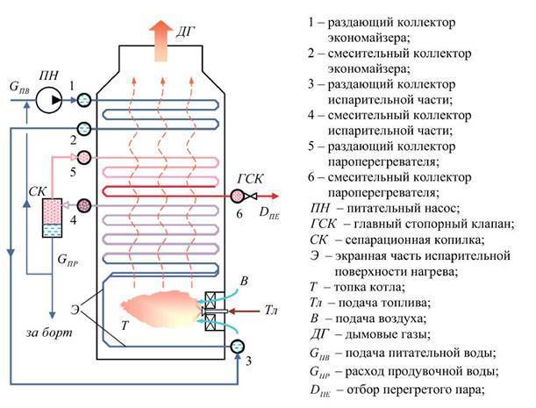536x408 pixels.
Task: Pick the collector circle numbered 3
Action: [x=238, y=347]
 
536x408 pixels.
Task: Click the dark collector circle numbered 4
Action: [x=84, y=204]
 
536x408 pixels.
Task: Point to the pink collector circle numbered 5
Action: [x=83, y=158]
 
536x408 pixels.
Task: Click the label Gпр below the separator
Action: [x=67, y=261]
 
